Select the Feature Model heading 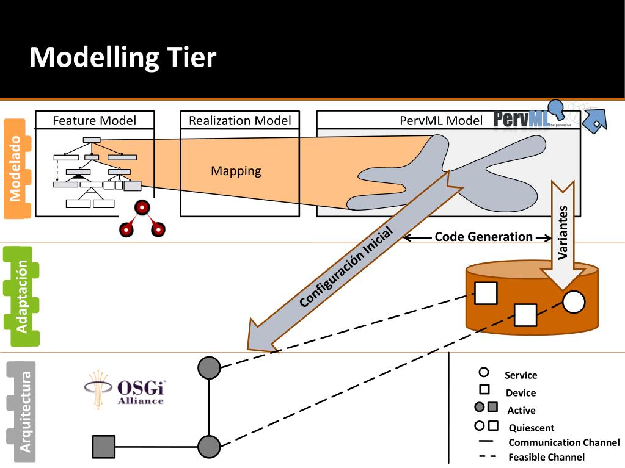pyautogui.click(x=95, y=120)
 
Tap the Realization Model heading pyautogui.click(x=240, y=120)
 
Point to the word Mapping pyautogui.click(x=236, y=171)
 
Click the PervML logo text pyautogui.click(x=521, y=119)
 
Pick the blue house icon pyautogui.click(x=594, y=121)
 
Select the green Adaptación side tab pyautogui.click(x=21, y=297)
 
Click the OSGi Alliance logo pyautogui.click(x=125, y=389)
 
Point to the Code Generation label pyautogui.click(x=483, y=237)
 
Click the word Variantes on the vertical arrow pyautogui.click(x=563, y=233)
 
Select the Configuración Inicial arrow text pyautogui.click(x=346, y=267)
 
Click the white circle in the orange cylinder pyautogui.click(x=574, y=301)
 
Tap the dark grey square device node pyautogui.click(x=104, y=447)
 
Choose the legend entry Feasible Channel pyautogui.click(x=546, y=457)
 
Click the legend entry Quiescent pyautogui.click(x=532, y=428)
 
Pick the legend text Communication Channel pyautogui.click(x=564, y=442)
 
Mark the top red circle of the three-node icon pyautogui.click(x=142, y=207)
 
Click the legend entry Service pyautogui.click(x=521, y=375)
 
